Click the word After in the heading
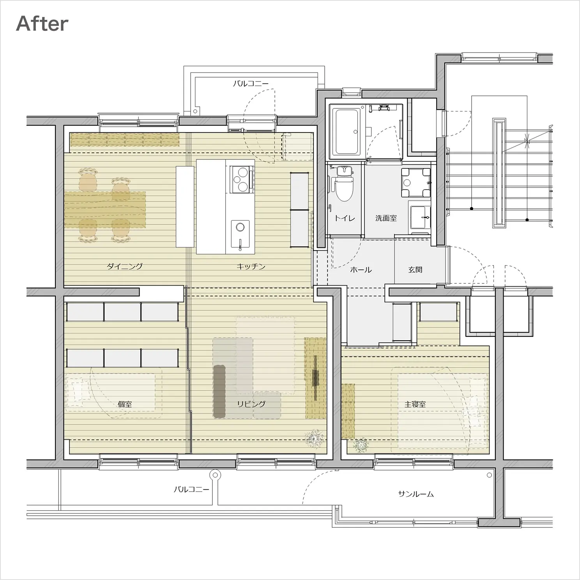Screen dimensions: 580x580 (x=42, y=24)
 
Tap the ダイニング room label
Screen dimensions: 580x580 (x=125, y=267)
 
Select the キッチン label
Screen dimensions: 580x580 (x=251, y=267)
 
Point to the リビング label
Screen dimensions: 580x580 (x=251, y=404)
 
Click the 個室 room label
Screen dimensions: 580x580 (x=125, y=404)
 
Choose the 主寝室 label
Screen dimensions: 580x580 (x=415, y=404)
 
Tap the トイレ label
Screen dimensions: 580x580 (x=345, y=218)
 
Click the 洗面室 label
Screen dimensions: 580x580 (x=386, y=218)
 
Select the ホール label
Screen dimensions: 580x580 (x=361, y=270)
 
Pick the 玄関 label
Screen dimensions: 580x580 (x=415, y=270)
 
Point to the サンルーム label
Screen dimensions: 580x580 (x=416, y=494)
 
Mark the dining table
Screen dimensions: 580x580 (x=105, y=209)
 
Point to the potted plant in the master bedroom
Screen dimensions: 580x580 (x=361, y=445)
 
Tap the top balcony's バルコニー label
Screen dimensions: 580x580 (x=251, y=84)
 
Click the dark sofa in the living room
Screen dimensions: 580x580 (x=219, y=391)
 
